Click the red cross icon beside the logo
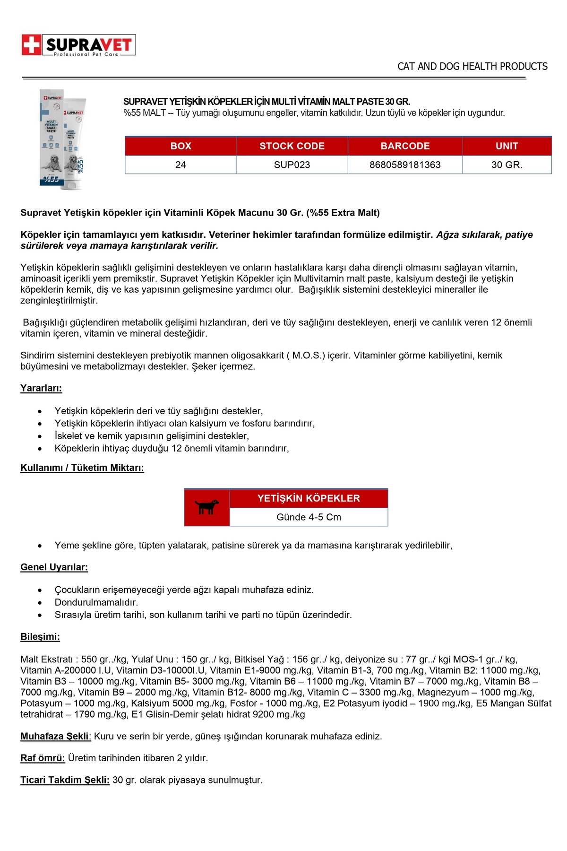(31, 45)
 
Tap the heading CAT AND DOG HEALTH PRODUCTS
(472, 66)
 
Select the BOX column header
(180, 146)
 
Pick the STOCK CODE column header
(292, 146)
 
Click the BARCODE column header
(405, 146)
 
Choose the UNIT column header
(507, 146)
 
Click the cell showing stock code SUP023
(292, 165)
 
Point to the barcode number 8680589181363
(405, 165)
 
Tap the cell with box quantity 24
(180, 165)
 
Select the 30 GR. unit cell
(507, 165)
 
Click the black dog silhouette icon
(206, 507)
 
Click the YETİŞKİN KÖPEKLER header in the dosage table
(309, 498)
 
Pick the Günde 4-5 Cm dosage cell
(309, 517)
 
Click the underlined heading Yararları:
(41, 388)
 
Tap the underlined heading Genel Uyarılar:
(54, 567)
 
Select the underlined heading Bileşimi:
(40, 637)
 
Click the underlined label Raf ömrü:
(43, 758)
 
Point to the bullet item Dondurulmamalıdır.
(96, 602)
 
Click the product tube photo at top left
(62, 139)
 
